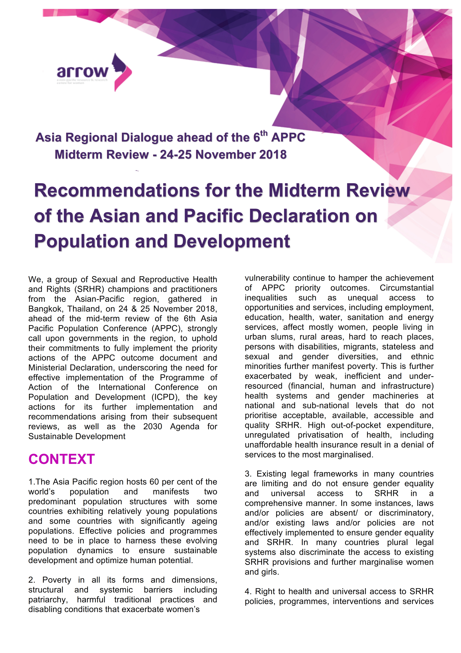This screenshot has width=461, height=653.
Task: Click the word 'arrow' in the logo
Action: pos(82,72)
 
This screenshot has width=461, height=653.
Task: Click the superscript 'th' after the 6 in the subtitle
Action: pos(264,133)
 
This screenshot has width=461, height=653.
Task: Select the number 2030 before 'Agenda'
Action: pos(152,427)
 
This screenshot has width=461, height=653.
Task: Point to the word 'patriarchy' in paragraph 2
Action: pos(48,600)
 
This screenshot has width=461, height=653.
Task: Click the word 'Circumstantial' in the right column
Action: pos(407,288)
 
